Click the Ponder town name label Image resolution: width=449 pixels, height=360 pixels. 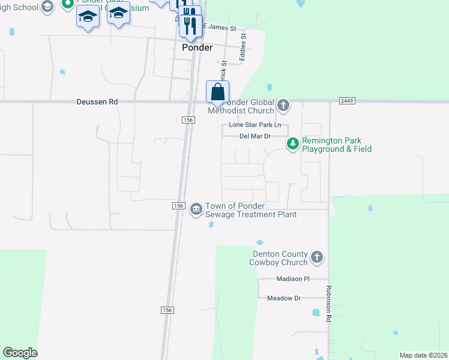197,48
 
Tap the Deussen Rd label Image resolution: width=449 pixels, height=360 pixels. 97,102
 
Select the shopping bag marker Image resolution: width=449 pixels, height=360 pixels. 217,93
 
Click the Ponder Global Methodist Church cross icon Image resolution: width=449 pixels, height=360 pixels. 283,107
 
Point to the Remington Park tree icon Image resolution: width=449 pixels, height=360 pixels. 292,143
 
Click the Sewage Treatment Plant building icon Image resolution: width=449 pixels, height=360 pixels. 196,209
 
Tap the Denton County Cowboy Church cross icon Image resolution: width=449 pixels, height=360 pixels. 317,258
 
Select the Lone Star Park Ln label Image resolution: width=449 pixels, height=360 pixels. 255,125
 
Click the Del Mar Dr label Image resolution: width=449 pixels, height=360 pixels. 255,136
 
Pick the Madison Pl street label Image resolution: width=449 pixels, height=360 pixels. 293,279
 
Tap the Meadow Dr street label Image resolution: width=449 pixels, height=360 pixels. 284,298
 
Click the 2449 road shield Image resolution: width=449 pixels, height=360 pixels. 346,101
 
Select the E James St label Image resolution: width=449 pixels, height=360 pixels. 220,28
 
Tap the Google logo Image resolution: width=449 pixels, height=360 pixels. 20,353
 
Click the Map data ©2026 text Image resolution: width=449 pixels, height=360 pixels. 423,355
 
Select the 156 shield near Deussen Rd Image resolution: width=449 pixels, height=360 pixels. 188,120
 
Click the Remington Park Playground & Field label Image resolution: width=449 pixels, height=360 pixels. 336,145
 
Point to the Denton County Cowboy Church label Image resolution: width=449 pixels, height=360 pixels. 280,258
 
